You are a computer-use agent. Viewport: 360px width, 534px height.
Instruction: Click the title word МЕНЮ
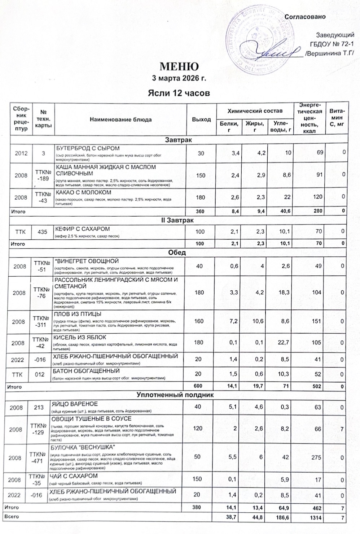point(179,67)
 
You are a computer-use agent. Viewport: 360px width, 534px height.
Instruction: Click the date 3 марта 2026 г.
point(179,78)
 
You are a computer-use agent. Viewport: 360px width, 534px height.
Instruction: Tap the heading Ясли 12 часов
point(179,93)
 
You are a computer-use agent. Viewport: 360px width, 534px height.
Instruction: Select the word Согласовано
point(305,17)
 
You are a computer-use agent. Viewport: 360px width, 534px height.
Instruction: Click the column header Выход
point(201,119)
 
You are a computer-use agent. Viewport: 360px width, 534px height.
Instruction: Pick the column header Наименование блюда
point(120,119)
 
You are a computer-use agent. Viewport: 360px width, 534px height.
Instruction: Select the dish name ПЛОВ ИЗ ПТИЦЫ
point(77,314)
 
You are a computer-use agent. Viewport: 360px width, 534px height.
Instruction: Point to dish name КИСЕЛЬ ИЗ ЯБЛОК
point(80,337)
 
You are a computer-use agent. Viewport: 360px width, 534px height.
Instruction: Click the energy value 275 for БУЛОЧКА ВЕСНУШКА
point(316,457)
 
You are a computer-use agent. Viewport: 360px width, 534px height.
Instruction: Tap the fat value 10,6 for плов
point(259,321)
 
